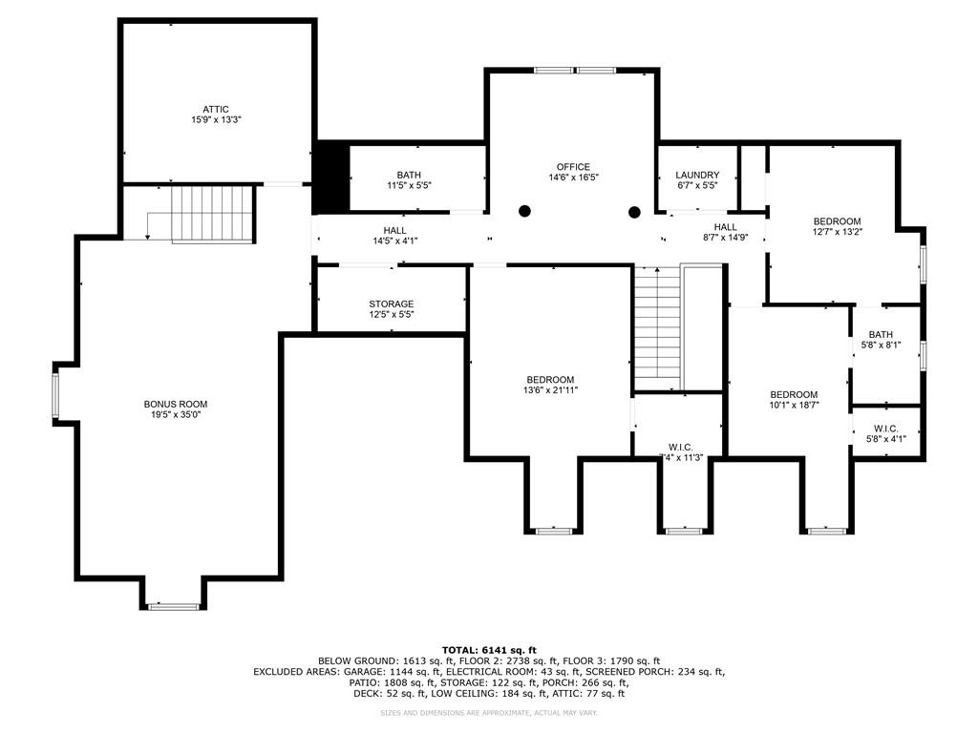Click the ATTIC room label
click(215, 110)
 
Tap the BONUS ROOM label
click(175, 404)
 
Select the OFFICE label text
click(573, 167)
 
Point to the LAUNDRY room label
click(697, 176)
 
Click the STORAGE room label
click(392, 304)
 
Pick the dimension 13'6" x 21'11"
click(550, 390)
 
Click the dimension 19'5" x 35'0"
click(175, 414)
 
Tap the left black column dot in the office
click(524, 211)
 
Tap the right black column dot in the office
click(633, 212)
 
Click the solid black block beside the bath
click(330, 178)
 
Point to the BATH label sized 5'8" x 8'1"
click(880, 335)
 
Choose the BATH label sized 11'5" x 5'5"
click(409, 175)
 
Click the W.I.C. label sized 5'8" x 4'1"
click(886, 429)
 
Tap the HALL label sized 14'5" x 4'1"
click(394, 231)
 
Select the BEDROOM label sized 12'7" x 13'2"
click(837, 221)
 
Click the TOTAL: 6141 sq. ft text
click(488, 649)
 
